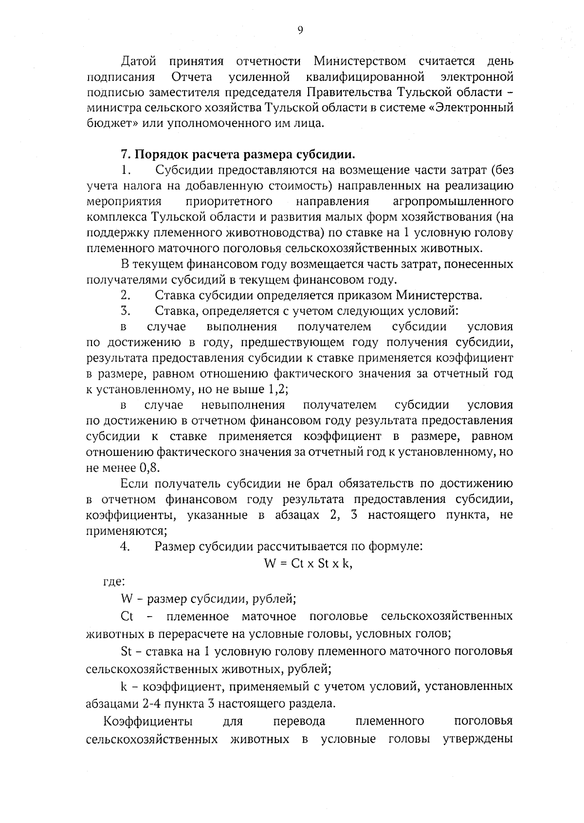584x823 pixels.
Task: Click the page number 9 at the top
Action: pos(300,31)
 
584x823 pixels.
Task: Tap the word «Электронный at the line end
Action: pos(471,108)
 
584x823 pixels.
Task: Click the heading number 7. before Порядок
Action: pos(126,155)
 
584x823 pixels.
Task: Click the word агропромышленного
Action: pos(453,202)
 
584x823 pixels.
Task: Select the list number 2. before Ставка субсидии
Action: pos(126,295)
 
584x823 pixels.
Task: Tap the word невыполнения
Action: pos(243,405)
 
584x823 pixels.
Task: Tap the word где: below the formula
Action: pos(115,581)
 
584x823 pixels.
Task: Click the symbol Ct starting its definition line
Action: pos(127,617)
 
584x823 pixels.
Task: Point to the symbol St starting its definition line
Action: pos(126,652)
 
